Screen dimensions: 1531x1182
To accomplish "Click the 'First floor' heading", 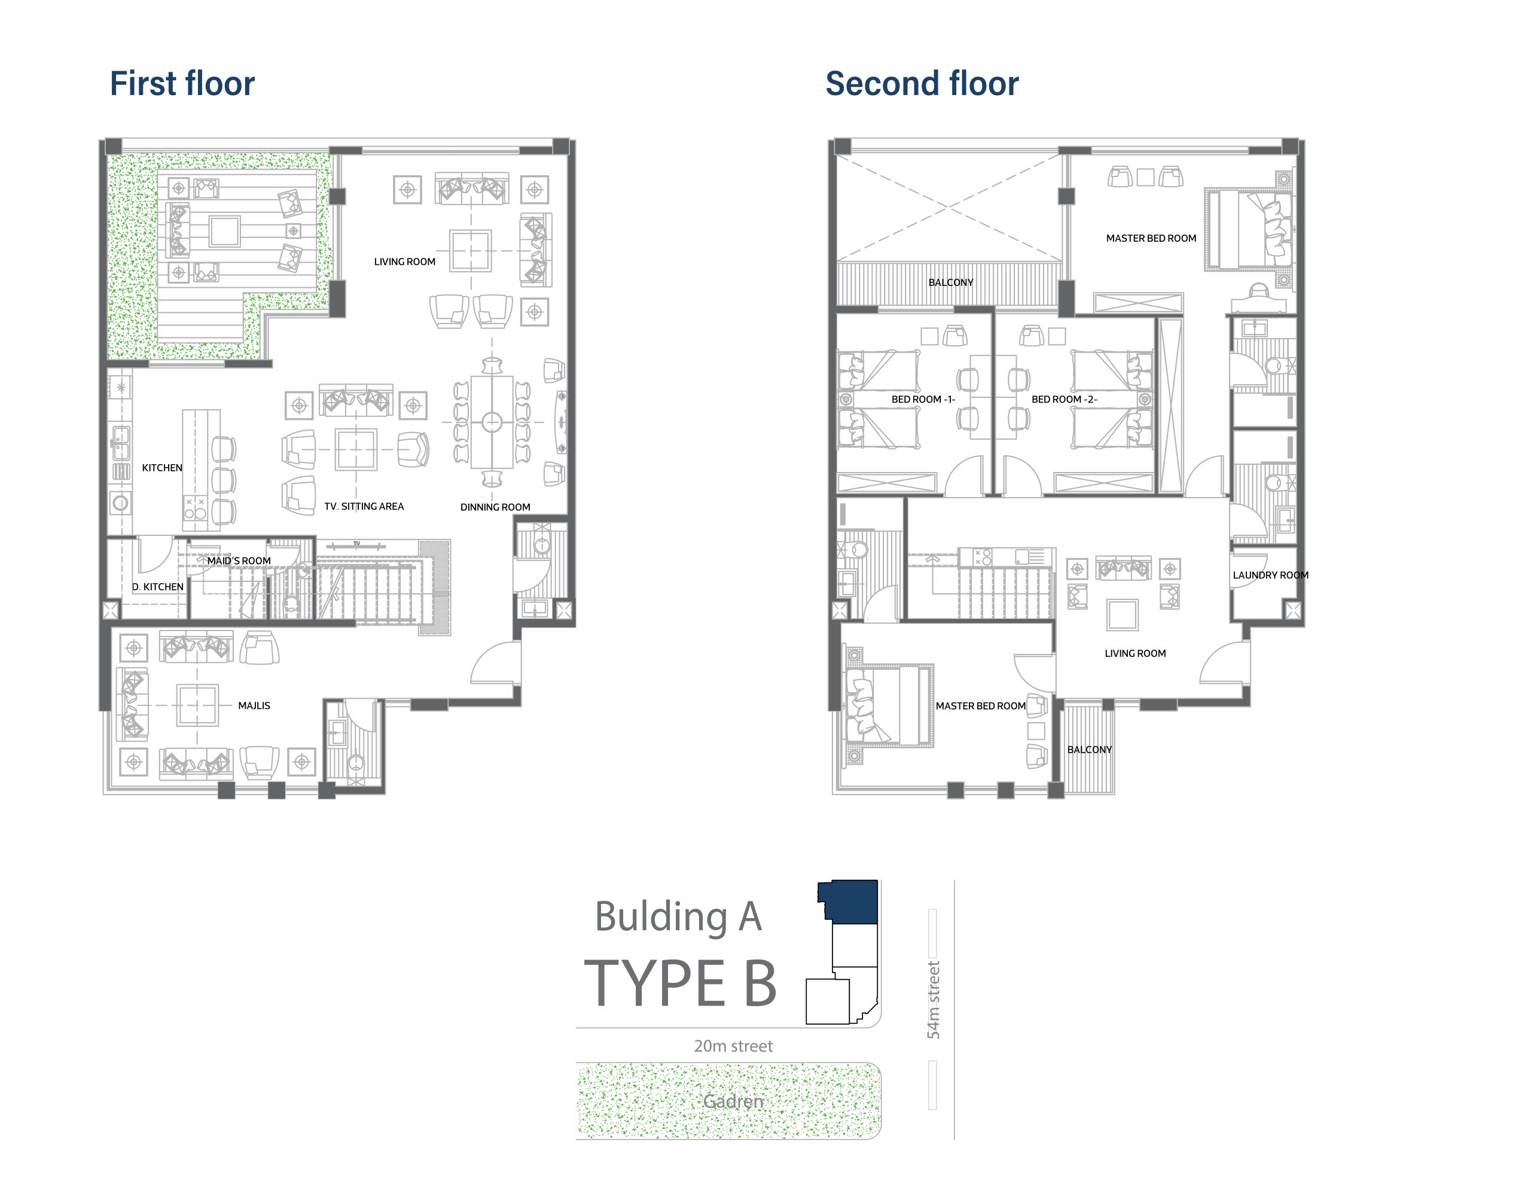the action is [x=182, y=83].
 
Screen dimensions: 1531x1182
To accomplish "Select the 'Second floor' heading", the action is [x=922, y=83].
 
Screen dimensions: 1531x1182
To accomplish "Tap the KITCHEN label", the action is [x=162, y=468].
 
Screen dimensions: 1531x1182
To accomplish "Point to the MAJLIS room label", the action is [x=254, y=705].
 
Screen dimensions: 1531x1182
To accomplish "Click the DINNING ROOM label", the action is [x=495, y=507].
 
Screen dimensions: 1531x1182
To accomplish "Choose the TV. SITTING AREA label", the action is [x=364, y=506].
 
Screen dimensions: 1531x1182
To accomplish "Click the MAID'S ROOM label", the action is [x=239, y=561].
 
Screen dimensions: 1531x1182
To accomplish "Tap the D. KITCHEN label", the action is [x=158, y=587].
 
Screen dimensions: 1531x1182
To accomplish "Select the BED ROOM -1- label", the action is [x=923, y=399].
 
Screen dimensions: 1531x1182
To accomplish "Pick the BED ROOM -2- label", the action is [x=1064, y=399].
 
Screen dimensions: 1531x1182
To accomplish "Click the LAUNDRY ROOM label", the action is [x=1270, y=575].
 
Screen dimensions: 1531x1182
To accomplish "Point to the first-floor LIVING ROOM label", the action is [x=404, y=261].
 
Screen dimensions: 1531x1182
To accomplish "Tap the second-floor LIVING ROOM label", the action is [x=1135, y=653].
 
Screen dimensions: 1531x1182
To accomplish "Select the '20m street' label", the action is [x=733, y=1046].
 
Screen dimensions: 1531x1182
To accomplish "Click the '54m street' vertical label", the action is [x=933, y=1000].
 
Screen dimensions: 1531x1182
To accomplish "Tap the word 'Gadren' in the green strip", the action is [x=733, y=1101].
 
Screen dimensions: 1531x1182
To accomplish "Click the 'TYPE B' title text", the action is [x=680, y=983].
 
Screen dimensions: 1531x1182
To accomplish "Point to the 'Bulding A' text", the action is [x=678, y=917].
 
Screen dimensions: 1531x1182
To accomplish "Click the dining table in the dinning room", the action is [x=492, y=422].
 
